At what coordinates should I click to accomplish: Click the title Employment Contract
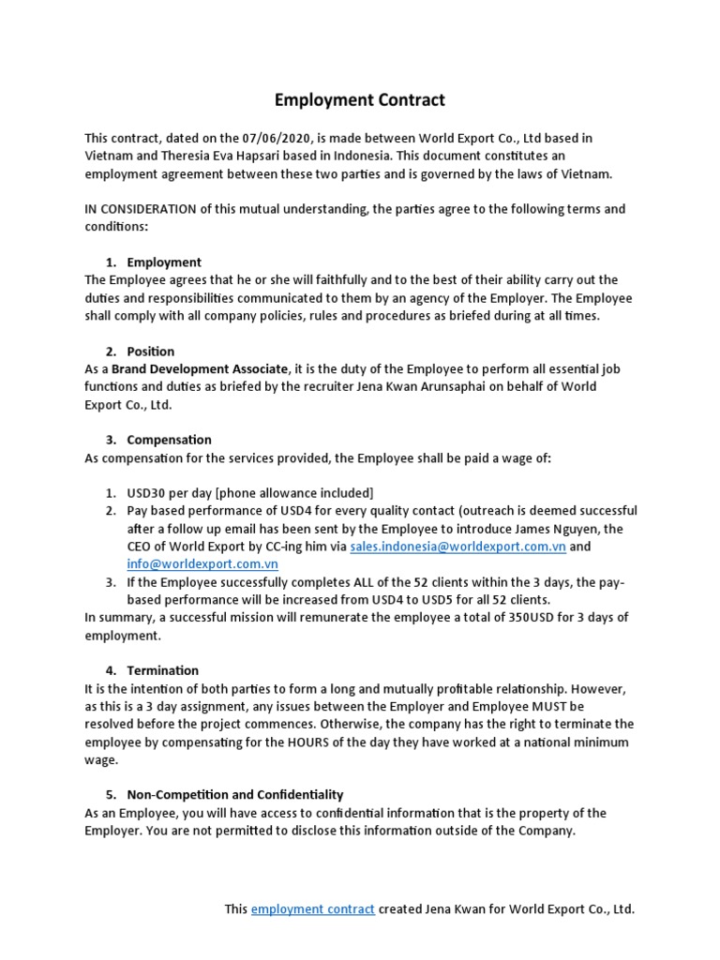point(360,99)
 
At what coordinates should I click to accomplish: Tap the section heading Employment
point(164,262)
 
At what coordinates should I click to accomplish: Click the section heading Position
point(151,351)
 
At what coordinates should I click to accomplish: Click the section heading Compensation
point(169,439)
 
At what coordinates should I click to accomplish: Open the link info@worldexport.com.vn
point(202,564)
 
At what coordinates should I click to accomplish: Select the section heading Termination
point(163,670)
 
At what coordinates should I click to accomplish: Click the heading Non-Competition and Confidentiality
point(235,794)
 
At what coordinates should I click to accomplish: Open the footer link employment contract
point(313,909)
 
